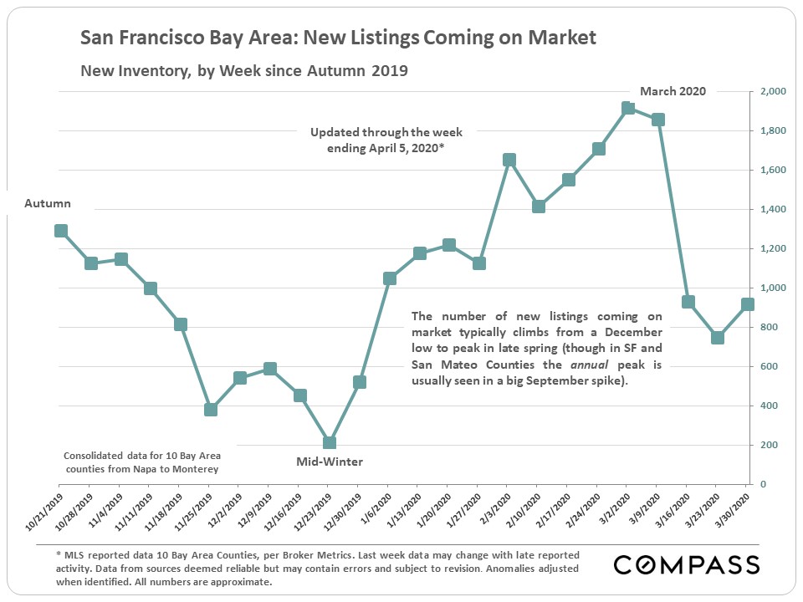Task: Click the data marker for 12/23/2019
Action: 330,443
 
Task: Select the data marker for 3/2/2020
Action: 628,109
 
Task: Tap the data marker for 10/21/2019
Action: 61,231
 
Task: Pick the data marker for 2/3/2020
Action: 509,160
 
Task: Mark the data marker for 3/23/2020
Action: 718,338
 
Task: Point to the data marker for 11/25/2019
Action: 211,410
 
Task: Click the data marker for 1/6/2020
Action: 390,278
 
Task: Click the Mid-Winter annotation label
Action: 330,462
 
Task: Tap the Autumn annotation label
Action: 48,203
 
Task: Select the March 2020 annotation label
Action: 673,91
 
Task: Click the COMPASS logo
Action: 687,564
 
